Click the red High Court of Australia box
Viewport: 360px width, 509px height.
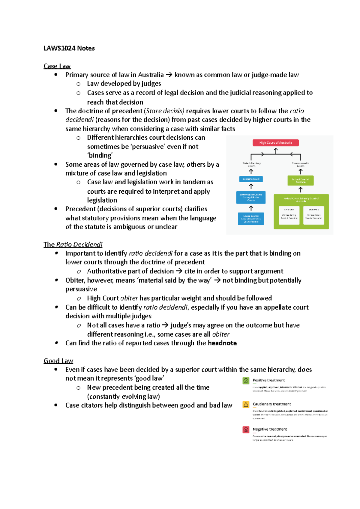[x=275, y=143]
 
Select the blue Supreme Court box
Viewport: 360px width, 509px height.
[x=251, y=179]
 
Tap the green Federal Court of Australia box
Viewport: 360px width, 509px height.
[x=300, y=180]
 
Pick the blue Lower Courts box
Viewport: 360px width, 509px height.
[x=251, y=219]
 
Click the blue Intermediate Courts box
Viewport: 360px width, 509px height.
[x=251, y=197]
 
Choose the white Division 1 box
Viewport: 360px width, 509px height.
[x=289, y=215]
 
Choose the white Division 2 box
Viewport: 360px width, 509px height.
[x=313, y=215]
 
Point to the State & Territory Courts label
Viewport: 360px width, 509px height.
[x=251, y=164]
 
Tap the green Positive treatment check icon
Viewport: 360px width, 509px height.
[x=246, y=381]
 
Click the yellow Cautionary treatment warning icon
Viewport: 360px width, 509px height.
[x=246, y=404]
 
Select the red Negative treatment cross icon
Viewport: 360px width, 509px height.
[x=246, y=430]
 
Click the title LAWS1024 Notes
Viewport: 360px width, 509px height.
[x=69, y=48]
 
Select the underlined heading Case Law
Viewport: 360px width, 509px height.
[x=57, y=66]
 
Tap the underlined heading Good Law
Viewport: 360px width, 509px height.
[x=58, y=361]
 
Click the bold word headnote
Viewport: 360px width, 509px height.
[x=222, y=343]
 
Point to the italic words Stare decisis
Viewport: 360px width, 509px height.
[x=165, y=111]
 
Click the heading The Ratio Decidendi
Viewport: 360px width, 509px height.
[x=73, y=244]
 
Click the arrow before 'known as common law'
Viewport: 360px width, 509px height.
[x=169, y=75]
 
